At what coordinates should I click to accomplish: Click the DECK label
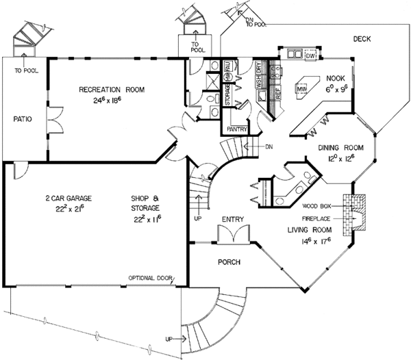362,40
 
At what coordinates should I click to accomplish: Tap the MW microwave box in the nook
301,88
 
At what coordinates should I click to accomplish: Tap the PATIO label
23,119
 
